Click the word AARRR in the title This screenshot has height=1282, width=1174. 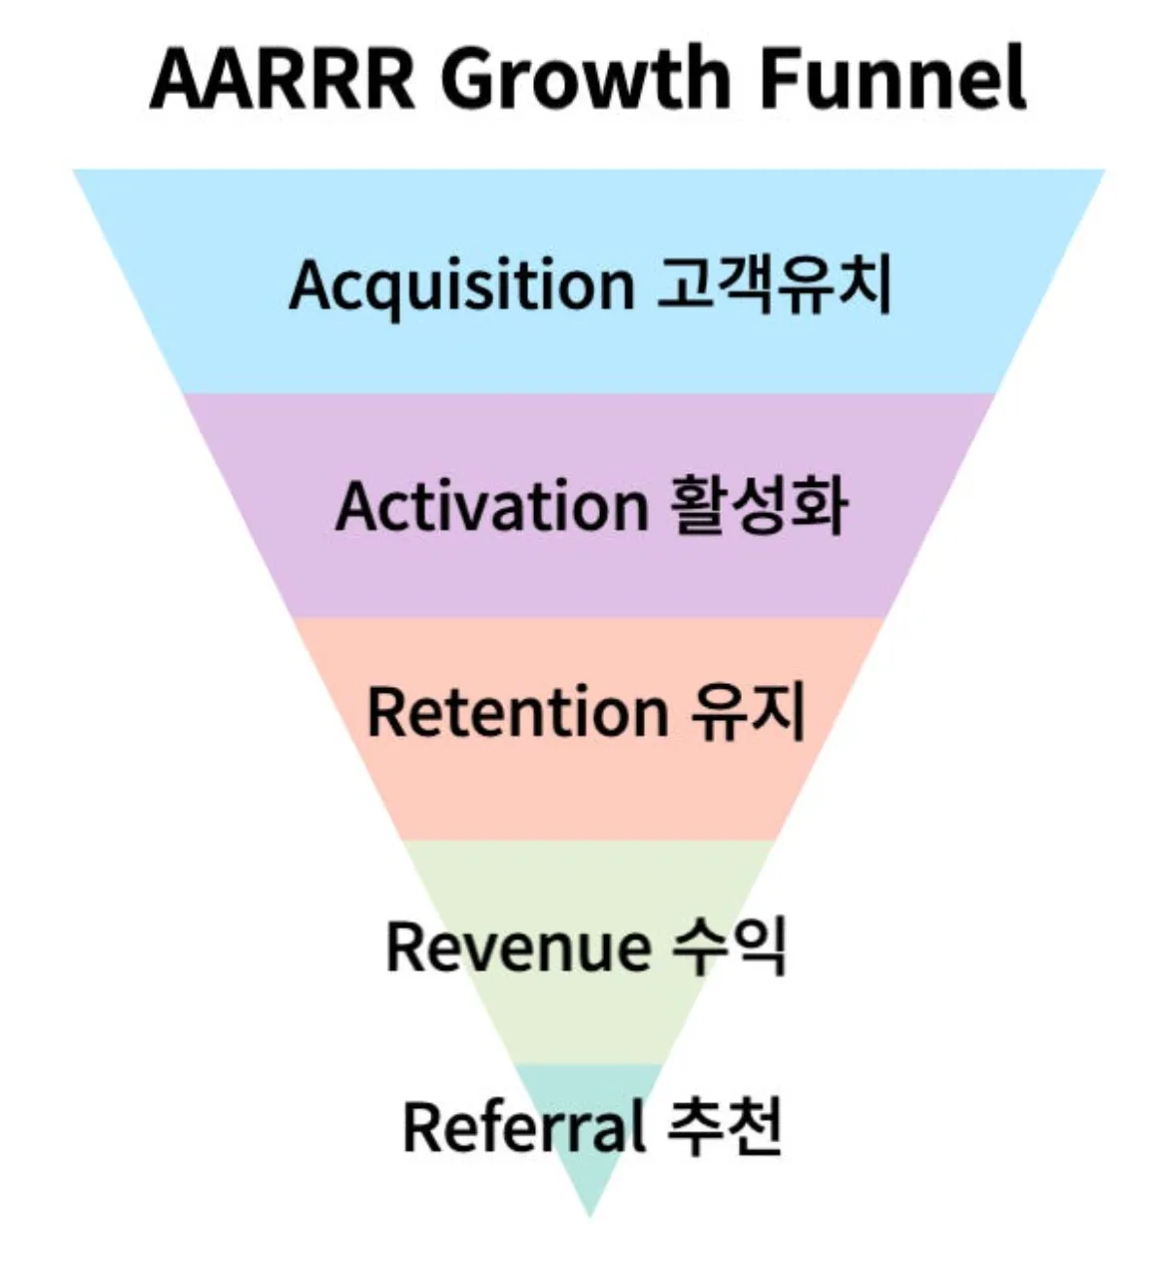pos(282,79)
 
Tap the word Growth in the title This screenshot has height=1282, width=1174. pos(586,79)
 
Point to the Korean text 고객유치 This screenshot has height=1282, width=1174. pos(774,285)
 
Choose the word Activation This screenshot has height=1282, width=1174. pos(491,506)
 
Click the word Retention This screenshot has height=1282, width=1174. pos(517,712)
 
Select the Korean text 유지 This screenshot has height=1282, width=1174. pos(749,711)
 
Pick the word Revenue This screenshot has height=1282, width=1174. pos(517,947)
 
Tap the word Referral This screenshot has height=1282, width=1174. pos(522,1126)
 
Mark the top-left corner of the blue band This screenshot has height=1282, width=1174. pos(76,172)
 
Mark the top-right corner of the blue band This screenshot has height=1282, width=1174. pos(1103,172)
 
